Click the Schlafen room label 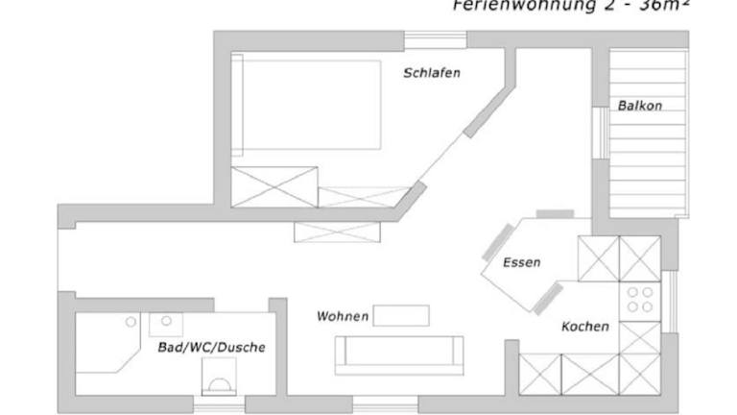pyautogui.click(x=432, y=73)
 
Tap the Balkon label pyautogui.click(x=639, y=106)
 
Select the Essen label pyautogui.click(x=521, y=262)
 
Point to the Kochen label pyautogui.click(x=584, y=327)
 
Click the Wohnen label pyautogui.click(x=343, y=316)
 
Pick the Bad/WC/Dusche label pyautogui.click(x=211, y=347)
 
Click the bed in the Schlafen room pyautogui.click(x=306, y=105)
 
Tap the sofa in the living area pyautogui.click(x=398, y=354)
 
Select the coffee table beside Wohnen pyautogui.click(x=401, y=315)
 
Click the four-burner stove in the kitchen pyautogui.click(x=639, y=300)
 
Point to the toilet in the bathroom pyautogui.click(x=220, y=378)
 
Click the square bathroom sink pyautogui.click(x=166, y=323)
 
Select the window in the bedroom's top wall pyautogui.click(x=436, y=39)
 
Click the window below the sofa pyautogui.click(x=379, y=403)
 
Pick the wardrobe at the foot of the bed pyautogui.click(x=274, y=186)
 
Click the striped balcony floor pyautogui.click(x=649, y=134)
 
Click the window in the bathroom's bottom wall pyautogui.click(x=220, y=404)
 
